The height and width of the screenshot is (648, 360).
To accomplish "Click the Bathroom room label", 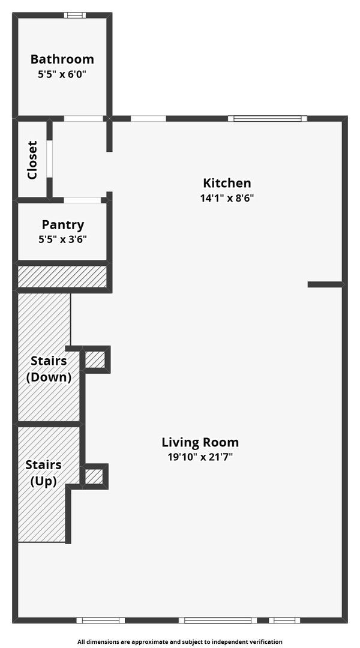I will [x=62, y=59].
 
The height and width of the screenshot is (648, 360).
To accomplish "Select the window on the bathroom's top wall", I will [x=75, y=15].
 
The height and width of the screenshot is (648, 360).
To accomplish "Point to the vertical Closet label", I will [x=32, y=160].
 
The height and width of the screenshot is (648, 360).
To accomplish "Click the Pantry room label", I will [x=62, y=225].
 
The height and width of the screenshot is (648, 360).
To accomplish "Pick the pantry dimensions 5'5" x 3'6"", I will [x=62, y=239].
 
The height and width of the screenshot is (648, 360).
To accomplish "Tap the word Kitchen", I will [x=227, y=183].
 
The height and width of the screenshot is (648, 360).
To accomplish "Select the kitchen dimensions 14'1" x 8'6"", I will [x=227, y=197].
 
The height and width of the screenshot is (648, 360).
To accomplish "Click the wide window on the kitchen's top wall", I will [x=267, y=118].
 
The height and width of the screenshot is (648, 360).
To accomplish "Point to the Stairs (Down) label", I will [x=51, y=369].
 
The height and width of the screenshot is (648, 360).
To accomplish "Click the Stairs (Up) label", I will [x=43, y=473].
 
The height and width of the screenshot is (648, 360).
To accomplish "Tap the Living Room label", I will [x=200, y=443].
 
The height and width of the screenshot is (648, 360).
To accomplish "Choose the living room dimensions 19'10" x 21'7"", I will [x=200, y=457].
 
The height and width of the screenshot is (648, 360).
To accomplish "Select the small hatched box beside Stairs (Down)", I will [x=95, y=359].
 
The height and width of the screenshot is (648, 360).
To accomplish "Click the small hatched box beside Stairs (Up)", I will [x=94, y=476].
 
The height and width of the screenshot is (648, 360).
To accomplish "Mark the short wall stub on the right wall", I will [x=325, y=284].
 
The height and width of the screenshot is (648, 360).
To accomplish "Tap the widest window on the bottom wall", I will [x=218, y=620].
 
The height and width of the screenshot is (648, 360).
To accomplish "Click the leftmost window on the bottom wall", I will [x=100, y=620].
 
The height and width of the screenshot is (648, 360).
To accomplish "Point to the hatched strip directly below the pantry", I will [x=62, y=277].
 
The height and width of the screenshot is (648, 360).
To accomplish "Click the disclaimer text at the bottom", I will [x=179, y=641].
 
